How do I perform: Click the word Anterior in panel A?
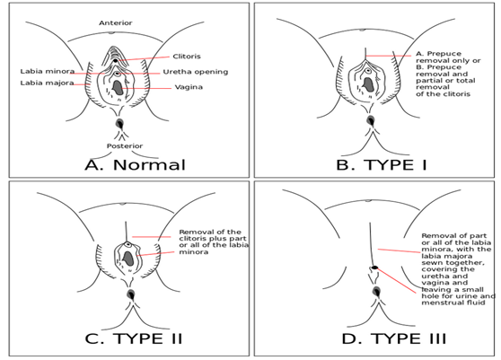coord(115,23)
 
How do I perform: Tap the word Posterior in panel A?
coord(125,146)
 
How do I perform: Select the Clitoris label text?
coord(187,57)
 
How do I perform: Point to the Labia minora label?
coord(48,71)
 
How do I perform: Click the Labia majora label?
coord(47,83)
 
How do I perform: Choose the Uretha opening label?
coord(196,72)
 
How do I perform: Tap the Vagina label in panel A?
coord(189,87)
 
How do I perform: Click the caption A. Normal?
coord(135,165)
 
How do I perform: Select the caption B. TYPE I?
coord(382,165)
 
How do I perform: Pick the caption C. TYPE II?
coord(134,338)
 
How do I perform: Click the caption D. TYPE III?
coord(393,338)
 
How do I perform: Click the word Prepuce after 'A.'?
coord(444,54)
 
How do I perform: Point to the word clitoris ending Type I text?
coord(455,94)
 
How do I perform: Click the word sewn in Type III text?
coord(431,262)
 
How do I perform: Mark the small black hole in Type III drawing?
coord(374,268)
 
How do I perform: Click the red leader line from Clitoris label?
coord(144,58)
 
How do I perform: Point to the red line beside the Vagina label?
coord(146,88)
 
